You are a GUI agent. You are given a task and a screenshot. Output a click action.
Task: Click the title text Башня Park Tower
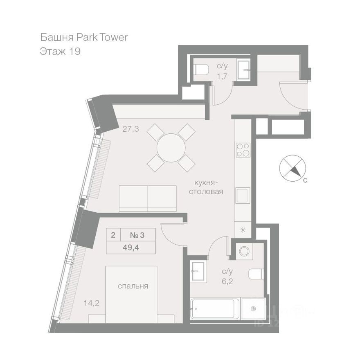84,38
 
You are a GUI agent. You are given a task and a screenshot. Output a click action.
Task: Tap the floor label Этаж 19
60,52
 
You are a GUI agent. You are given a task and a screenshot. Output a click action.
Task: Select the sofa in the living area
147,198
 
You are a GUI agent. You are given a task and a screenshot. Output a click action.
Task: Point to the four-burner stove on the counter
243,150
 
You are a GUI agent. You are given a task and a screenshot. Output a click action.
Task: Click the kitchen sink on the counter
243,195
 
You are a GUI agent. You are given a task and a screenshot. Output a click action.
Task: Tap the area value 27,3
131,129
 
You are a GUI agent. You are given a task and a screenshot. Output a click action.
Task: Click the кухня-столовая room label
206,187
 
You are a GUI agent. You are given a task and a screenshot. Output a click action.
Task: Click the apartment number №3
137,235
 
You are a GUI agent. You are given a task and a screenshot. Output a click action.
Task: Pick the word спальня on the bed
133,286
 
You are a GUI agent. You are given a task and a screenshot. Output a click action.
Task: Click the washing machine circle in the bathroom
245,251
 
